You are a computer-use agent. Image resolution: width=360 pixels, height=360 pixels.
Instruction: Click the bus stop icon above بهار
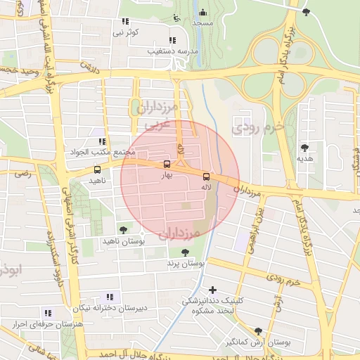coord(167,164)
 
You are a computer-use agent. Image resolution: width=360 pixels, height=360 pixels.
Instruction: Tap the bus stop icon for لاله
coord(206,176)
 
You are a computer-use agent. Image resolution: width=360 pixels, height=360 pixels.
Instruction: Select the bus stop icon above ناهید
coord(97,169)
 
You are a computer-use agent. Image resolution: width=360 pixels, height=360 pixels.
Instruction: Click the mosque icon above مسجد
coord(202,12)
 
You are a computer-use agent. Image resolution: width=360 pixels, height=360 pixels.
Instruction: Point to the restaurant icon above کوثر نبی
coord(125,21)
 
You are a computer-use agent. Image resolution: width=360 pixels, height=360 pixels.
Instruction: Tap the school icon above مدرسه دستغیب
coord(172,40)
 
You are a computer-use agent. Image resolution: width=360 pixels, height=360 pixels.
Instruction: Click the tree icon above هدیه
coord(304,148)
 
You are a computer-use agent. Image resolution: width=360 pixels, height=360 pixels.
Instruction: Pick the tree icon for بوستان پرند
coord(185,252)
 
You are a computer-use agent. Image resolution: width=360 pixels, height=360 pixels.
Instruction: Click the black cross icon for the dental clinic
coord(213,289)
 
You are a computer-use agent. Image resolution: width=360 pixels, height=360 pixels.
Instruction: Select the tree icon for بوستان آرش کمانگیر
coord(258,331)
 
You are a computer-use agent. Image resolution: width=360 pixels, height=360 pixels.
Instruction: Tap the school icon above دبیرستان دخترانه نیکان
coord(109,297)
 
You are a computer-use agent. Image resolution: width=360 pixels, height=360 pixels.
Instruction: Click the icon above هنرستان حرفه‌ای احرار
coord(48,313)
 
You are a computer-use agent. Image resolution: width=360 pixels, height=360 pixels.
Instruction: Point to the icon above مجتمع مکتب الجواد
coord(103,141)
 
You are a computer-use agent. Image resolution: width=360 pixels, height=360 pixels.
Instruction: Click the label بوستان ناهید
coord(143,241)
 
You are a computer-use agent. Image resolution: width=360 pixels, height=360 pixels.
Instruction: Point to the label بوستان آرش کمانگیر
coord(264,342)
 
